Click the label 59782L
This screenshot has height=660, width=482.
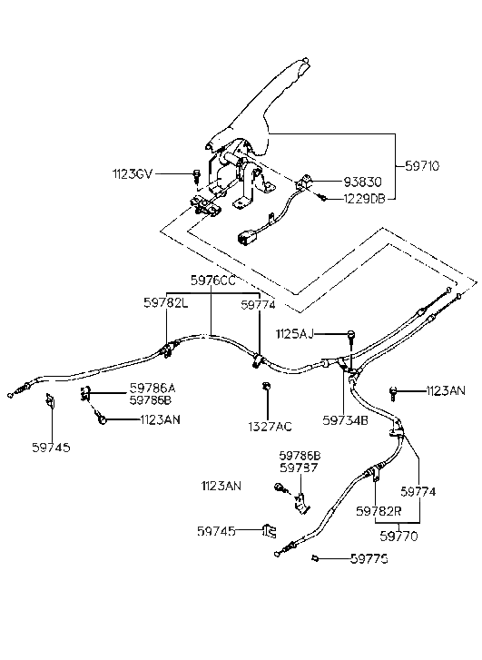[x=165, y=302]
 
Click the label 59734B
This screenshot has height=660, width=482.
[x=345, y=420]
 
